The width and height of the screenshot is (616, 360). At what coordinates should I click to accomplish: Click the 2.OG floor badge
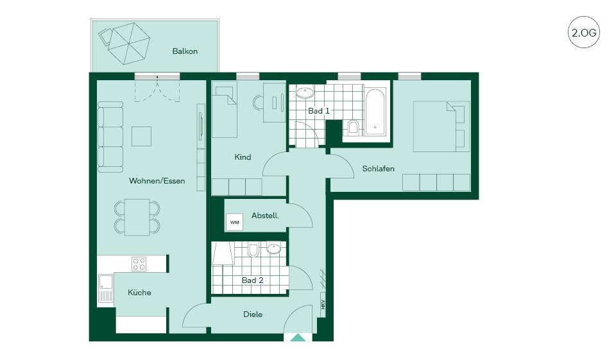(584, 32)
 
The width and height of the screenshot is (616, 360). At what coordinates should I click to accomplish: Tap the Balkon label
(185, 51)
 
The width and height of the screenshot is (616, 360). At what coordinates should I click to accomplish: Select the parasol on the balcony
(129, 43)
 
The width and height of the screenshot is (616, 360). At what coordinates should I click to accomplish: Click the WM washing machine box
(235, 222)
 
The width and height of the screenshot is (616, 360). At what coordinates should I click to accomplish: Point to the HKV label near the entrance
(323, 304)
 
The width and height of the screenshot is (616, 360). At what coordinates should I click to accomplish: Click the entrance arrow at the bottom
(298, 338)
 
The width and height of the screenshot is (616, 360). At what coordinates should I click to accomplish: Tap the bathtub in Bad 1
(375, 112)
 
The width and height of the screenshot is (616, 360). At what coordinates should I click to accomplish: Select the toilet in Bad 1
(354, 127)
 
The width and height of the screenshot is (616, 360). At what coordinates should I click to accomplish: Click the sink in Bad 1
(305, 92)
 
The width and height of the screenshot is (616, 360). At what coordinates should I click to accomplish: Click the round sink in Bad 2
(273, 248)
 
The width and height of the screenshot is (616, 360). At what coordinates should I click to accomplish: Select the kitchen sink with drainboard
(105, 289)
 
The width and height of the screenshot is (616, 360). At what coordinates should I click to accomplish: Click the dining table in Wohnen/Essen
(137, 217)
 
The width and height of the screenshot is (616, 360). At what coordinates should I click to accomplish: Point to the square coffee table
(141, 136)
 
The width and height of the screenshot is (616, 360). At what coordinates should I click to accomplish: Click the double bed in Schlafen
(441, 126)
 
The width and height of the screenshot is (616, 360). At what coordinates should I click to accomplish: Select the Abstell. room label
(265, 216)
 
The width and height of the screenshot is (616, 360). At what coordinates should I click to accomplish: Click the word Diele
(253, 314)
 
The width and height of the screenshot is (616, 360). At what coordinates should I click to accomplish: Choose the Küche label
(139, 293)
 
